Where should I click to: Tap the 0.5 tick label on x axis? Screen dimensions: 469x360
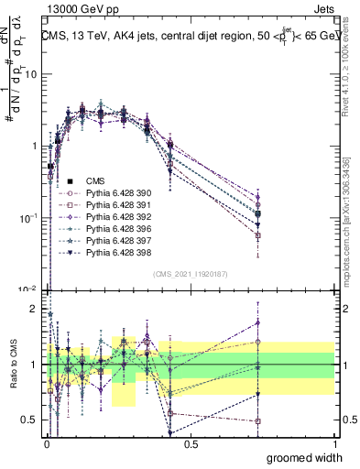pyautogui.click(x=190, y=444)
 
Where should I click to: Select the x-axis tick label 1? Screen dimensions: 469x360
pyautogui.click(x=336, y=444)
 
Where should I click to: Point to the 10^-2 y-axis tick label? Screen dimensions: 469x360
pyautogui.click(x=30, y=289)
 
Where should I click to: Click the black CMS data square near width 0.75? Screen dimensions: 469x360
pyautogui.click(x=257, y=214)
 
